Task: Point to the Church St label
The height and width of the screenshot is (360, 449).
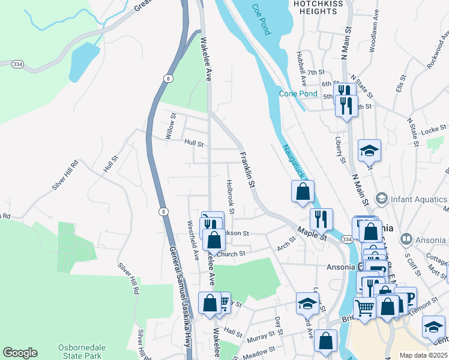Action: click(x=231, y=254)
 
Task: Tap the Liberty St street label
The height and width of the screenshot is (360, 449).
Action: click(x=340, y=149)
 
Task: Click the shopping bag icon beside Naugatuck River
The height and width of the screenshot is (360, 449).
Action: click(x=303, y=192)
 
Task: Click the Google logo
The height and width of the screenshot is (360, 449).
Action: click(x=20, y=353)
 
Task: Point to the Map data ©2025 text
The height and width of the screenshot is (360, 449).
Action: click(x=423, y=355)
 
